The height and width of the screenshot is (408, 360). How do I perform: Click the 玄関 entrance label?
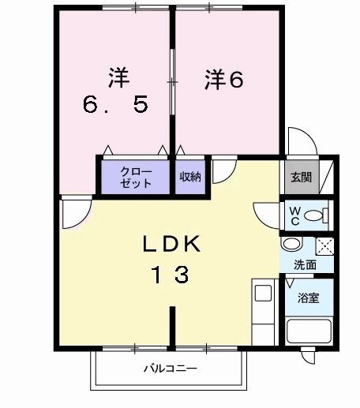(x=300, y=177)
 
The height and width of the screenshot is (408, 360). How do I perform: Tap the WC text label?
(x=293, y=214)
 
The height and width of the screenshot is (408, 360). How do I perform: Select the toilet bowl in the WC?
(x=315, y=215)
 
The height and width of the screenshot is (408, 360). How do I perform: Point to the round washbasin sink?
(x=290, y=245)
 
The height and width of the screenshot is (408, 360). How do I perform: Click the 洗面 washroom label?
(x=306, y=265)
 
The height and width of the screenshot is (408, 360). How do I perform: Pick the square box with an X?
(x=324, y=245)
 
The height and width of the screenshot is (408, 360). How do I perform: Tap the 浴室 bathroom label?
(x=308, y=299)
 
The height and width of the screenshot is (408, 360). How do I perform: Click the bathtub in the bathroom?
(x=307, y=331)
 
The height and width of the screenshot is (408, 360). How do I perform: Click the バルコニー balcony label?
(x=170, y=369)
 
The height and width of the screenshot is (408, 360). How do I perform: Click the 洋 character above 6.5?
(x=118, y=77)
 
